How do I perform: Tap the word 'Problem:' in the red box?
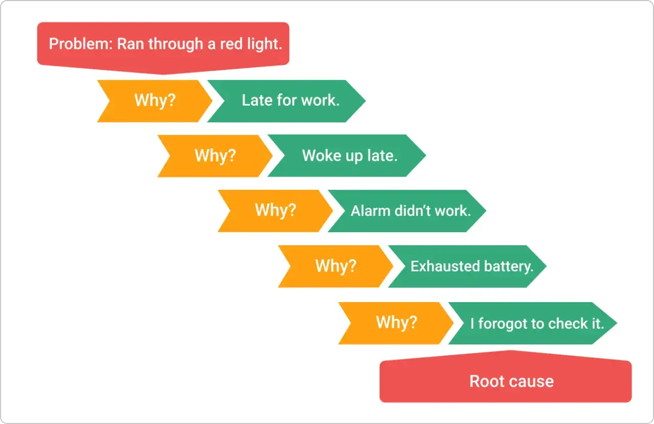click(81, 44)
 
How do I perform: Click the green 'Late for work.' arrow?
click(286, 101)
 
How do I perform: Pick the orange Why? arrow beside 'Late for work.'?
click(155, 101)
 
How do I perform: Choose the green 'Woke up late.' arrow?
click(346, 156)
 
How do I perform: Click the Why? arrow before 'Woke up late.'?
click(215, 156)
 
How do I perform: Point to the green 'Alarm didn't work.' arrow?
click(407, 211)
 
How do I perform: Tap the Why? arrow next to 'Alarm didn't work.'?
click(275, 211)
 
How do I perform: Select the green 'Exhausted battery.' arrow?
click(467, 266)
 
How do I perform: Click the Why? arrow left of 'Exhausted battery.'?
click(336, 266)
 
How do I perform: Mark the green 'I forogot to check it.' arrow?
click(533, 323)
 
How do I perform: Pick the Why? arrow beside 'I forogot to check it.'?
click(396, 323)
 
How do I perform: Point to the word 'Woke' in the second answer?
click(322, 156)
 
